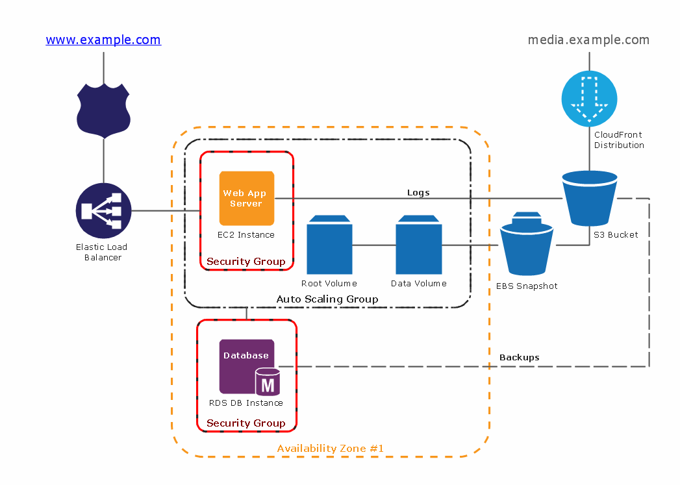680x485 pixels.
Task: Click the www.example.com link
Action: (x=103, y=40)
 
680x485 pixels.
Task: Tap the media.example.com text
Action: (x=588, y=40)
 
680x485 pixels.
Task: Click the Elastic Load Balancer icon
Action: (x=103, y=210)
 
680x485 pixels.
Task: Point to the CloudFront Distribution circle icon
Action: (x=589, y=98)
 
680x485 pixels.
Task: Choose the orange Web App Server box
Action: (x=247, y=198)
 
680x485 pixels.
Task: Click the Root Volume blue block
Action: (x=329, y=245)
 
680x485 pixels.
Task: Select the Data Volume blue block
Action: (x=419, y=245)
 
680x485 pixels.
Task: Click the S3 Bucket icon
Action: (x=589, y=198)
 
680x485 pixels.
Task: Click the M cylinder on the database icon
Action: (x=268, y=382)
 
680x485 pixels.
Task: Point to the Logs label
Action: (x=418, y=192)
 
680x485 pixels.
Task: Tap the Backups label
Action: (x=519, y=357)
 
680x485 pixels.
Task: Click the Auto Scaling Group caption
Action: (x=327, y=299)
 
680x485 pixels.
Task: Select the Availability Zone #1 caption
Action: (x=331, y=448)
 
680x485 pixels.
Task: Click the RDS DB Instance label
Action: (x=246, y=403)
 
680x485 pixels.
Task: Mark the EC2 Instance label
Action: (x=246, y=234)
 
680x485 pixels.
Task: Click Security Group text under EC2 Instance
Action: (x=246, y=262)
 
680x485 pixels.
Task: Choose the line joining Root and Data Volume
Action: (x=374, y=245)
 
